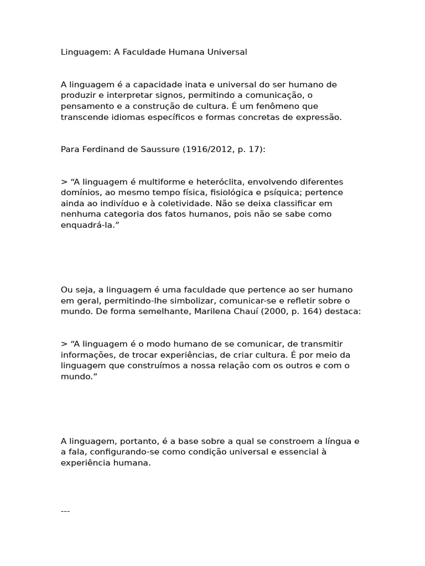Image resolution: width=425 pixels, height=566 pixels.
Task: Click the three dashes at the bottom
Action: [65, 511]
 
